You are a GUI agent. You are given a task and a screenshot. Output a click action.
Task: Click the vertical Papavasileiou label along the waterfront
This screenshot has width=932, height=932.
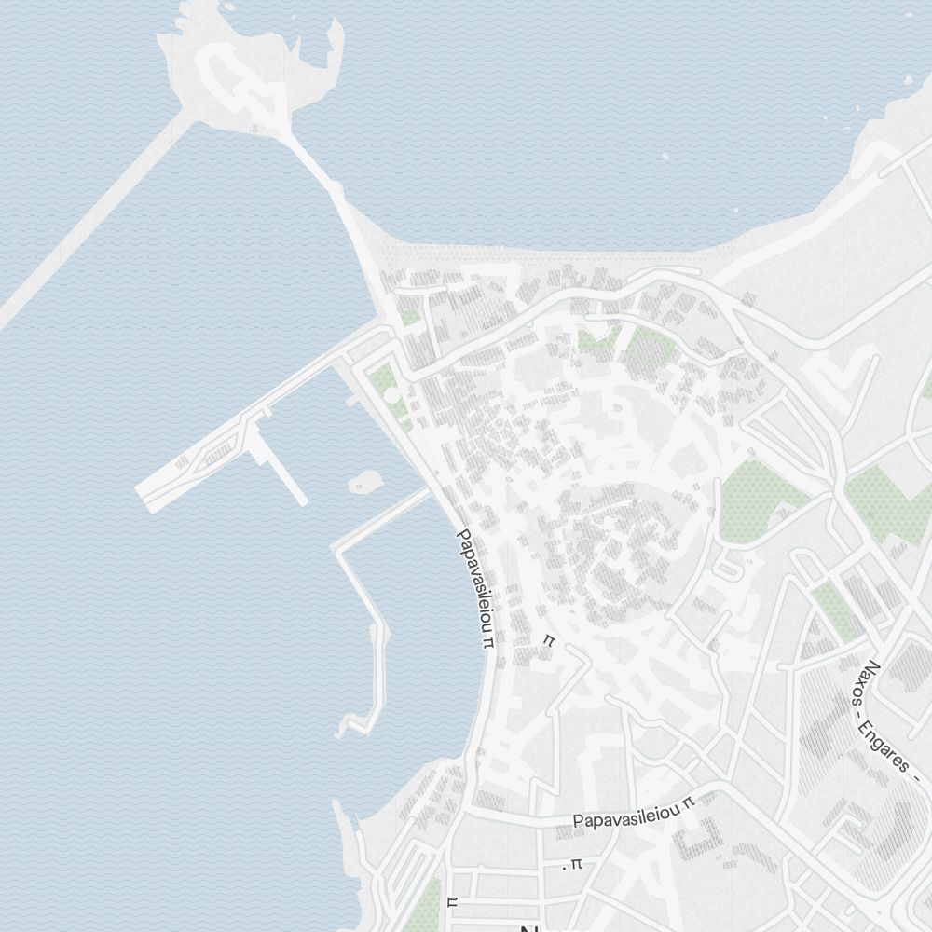tap(474, 587)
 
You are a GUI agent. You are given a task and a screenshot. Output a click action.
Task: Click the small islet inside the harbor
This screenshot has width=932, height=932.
tap(364, 482)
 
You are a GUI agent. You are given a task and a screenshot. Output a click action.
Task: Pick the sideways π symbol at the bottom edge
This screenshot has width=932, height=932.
tap(453, 901)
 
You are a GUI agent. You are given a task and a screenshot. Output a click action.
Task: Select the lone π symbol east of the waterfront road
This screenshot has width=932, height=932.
tap(549, 640)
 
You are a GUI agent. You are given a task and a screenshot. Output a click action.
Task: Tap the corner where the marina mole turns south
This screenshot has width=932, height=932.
tap(338, 547)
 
